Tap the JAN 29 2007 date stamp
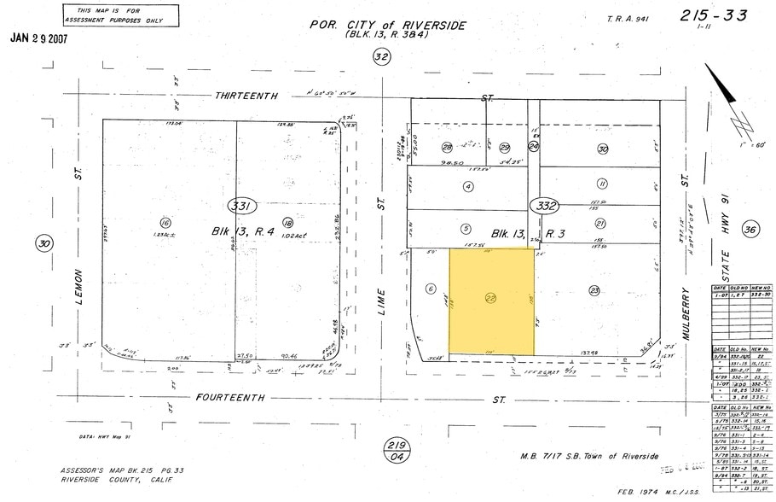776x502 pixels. click(38, 38)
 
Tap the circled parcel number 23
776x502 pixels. click(594, 290)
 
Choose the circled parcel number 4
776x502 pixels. click(467, 186)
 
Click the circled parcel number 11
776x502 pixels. click(602, 184)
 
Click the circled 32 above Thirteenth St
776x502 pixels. click(381, 57)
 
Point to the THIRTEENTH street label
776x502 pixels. click(246, 96)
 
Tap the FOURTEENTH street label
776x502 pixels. click(230, 398)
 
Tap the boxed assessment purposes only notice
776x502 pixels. click(121, 15)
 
